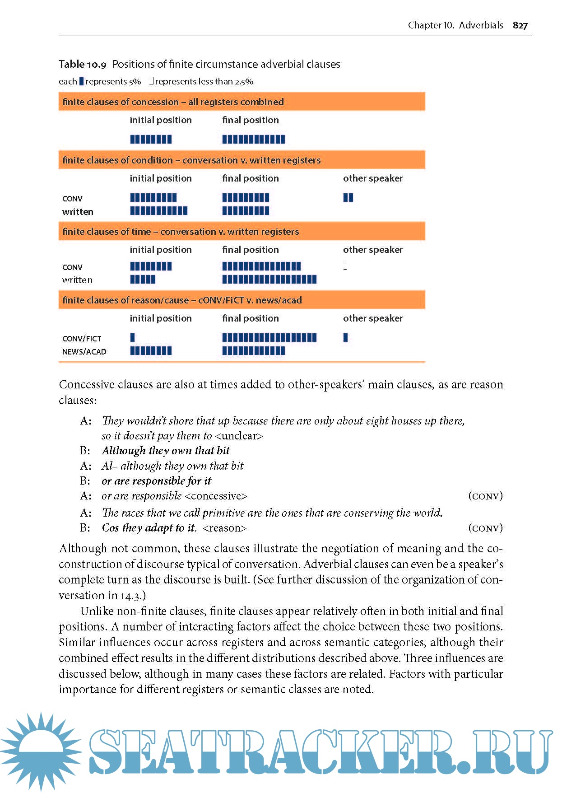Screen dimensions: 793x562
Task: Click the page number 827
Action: [520, 25]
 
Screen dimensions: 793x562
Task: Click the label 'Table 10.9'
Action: [83, 64]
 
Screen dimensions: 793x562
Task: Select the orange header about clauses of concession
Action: [242, 102]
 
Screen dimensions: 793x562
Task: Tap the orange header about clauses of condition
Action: [242, 160]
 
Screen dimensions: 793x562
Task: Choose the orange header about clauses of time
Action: [242, 231]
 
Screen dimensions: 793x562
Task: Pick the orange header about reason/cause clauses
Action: [242, 300]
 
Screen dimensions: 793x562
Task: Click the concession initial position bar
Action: [151, 139]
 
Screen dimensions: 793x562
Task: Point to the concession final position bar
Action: [253, 139]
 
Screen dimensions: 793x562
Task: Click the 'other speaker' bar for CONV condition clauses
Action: [348, 197]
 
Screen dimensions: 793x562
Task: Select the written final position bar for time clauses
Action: [269, 280]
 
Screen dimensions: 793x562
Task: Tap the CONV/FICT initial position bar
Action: [132, 337]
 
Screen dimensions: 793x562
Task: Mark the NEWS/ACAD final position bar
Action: [253, 351]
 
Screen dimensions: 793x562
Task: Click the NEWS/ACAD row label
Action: [84, 352]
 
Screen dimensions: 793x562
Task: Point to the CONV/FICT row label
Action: [82, 339]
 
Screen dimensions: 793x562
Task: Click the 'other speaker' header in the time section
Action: [372, 250]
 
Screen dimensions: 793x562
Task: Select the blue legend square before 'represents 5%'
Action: [81, 81]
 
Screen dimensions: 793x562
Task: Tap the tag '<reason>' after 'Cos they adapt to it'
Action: [225, 528]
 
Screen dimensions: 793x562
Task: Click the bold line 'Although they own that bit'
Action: [166, 451]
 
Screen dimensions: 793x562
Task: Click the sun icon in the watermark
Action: [41, 750]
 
